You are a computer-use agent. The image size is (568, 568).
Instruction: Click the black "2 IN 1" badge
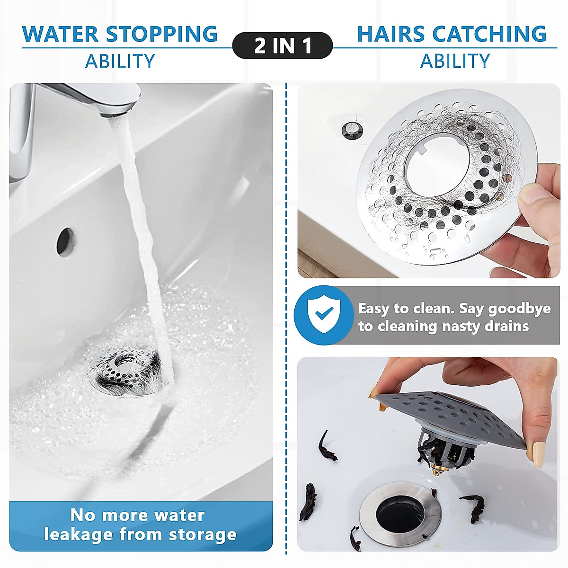[x=283, y=45]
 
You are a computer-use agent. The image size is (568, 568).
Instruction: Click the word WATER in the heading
[x=60, y=34]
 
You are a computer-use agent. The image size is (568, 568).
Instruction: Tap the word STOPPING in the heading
[x=161, y=34]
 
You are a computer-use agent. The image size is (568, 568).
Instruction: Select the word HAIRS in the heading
[x=391, y=34]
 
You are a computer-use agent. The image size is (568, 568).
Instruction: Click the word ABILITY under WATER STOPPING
[x=120, y=62]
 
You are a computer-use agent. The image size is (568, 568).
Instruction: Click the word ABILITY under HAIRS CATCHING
[x=455, y=61]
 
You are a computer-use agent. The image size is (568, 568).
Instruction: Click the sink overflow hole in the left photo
[x=65, y=242]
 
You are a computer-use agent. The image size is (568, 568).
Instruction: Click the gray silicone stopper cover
[x=454, y=417]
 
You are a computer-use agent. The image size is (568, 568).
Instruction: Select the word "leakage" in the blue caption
[x=79, y=534]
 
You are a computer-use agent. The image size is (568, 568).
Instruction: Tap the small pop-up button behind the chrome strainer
[x=351, y=128]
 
